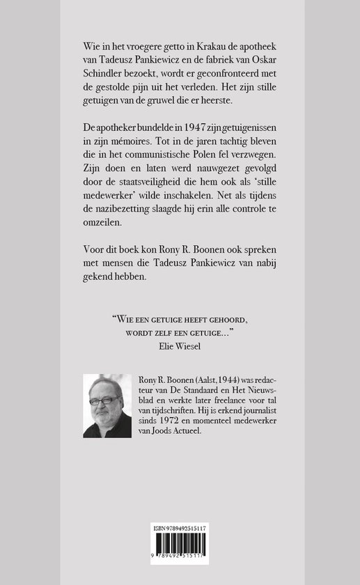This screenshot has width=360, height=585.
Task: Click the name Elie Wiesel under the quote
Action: click(180, 343)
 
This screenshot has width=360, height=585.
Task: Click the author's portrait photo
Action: click(107, 406)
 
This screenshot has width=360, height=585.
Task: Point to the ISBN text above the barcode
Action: click(180, 530)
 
